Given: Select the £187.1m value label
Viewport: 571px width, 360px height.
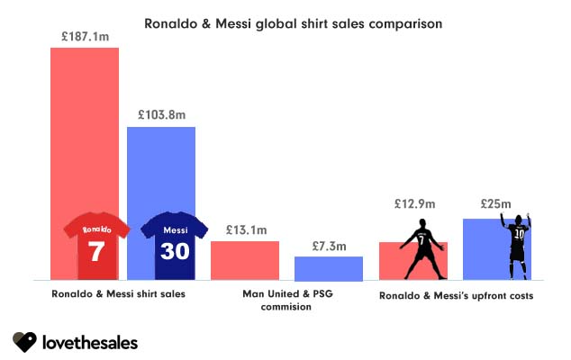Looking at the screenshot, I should pos(84,36).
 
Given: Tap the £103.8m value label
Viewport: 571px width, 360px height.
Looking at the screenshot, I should pos(161,115).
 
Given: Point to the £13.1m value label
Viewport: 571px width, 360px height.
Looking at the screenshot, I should pos(245,230).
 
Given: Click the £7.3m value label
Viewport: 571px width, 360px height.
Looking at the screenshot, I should pos(329,246).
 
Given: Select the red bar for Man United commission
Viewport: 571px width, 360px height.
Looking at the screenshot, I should pos(245,261).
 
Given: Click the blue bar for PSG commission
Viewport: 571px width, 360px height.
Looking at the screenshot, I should pos(329,268).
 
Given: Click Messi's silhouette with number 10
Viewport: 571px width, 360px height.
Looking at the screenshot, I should pos(517,247).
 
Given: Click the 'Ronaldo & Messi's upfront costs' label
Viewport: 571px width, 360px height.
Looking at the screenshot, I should pos(456,295).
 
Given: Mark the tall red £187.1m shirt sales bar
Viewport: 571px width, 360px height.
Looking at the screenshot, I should pos(84,135).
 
